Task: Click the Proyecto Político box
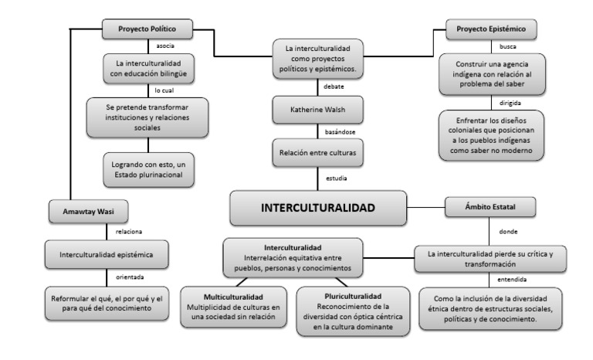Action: tap(147, 30)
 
